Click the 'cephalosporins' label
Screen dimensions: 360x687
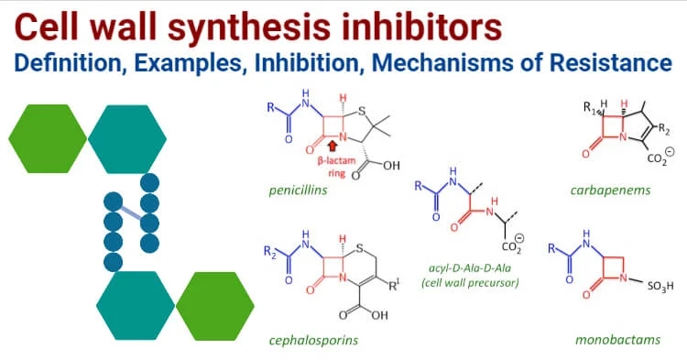pyautogui.click(x=313, y=341)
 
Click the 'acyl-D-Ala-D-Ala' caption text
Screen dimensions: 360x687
pyautogui.click(x=468, y=267)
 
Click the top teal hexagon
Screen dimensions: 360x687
pyautogui.click(x=128, y=138)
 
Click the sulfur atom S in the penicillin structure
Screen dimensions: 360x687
pyautogui.click(x=363, y=114)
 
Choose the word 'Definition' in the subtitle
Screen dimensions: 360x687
pyautogui.click(x=59, y=65)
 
